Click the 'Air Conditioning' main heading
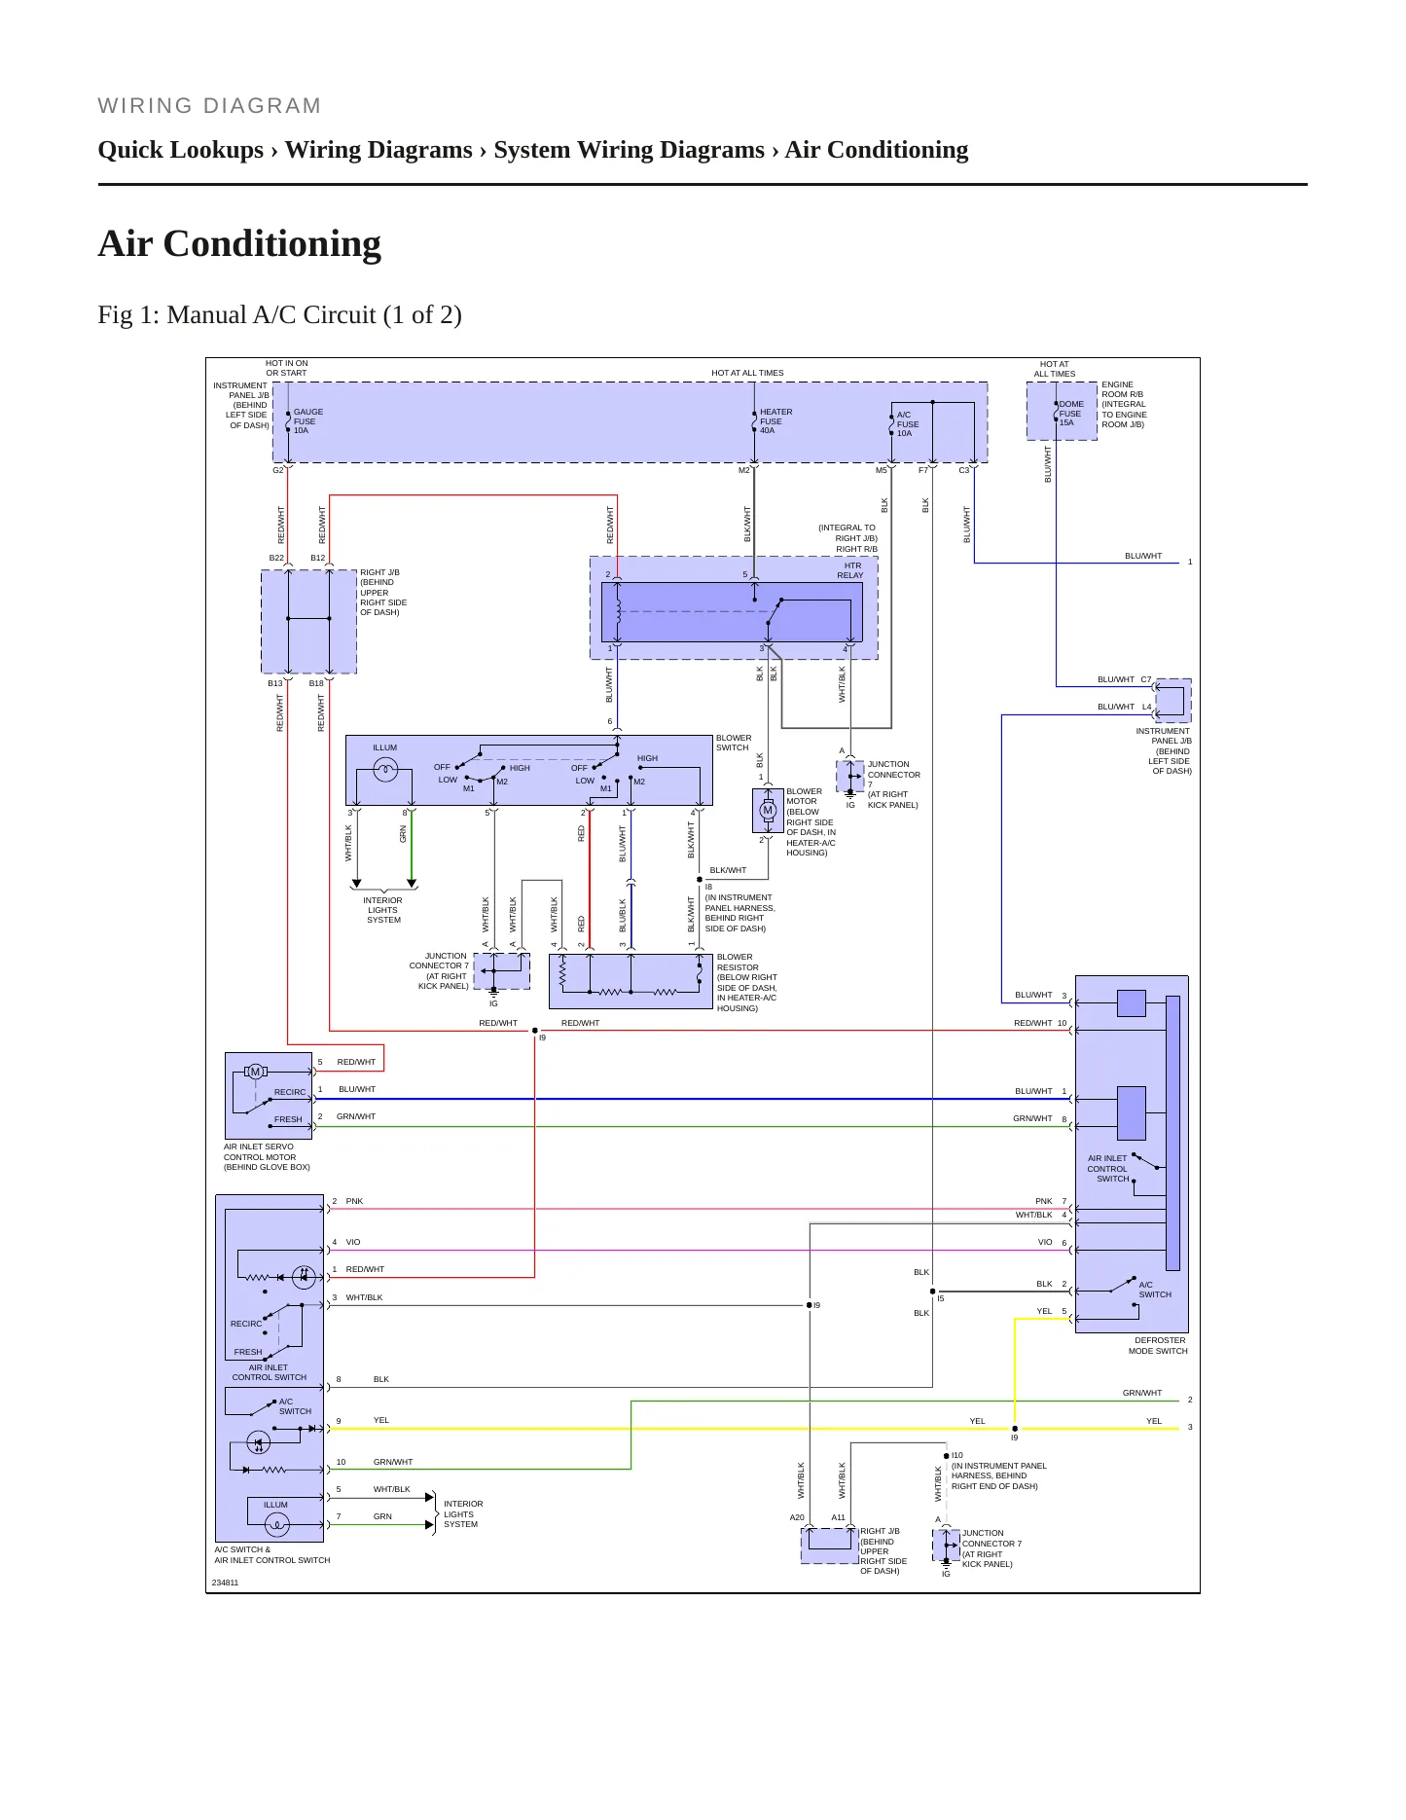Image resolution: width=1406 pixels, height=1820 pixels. point(239,243)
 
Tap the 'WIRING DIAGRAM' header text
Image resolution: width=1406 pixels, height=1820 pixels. point(209,106)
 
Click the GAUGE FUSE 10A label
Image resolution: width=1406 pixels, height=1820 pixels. point(308,421)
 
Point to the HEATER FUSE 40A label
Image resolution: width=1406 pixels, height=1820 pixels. point(775,421)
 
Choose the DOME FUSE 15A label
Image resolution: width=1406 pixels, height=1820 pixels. point(1070,414)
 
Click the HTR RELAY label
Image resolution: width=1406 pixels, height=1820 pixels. point(850,570)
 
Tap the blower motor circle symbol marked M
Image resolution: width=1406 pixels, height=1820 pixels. point(768,810)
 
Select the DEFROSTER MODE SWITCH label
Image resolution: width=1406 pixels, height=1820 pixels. point(1158,1346)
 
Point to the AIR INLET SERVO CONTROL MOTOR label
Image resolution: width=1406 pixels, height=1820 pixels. point(267,1157)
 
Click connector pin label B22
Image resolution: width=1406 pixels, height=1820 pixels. point(276,559)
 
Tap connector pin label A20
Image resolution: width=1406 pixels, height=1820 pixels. point(797,1518)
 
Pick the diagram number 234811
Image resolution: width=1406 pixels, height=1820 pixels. point(225,1583)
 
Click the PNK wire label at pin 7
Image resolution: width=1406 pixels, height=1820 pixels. point(1043,1201)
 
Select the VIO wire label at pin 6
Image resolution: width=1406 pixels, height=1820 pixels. point(1045,1242)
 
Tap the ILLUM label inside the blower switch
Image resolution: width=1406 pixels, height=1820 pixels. point(384,748)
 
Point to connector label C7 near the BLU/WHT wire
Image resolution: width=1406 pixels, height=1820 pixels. point(1145,680)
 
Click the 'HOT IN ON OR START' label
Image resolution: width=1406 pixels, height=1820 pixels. point(286,368)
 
